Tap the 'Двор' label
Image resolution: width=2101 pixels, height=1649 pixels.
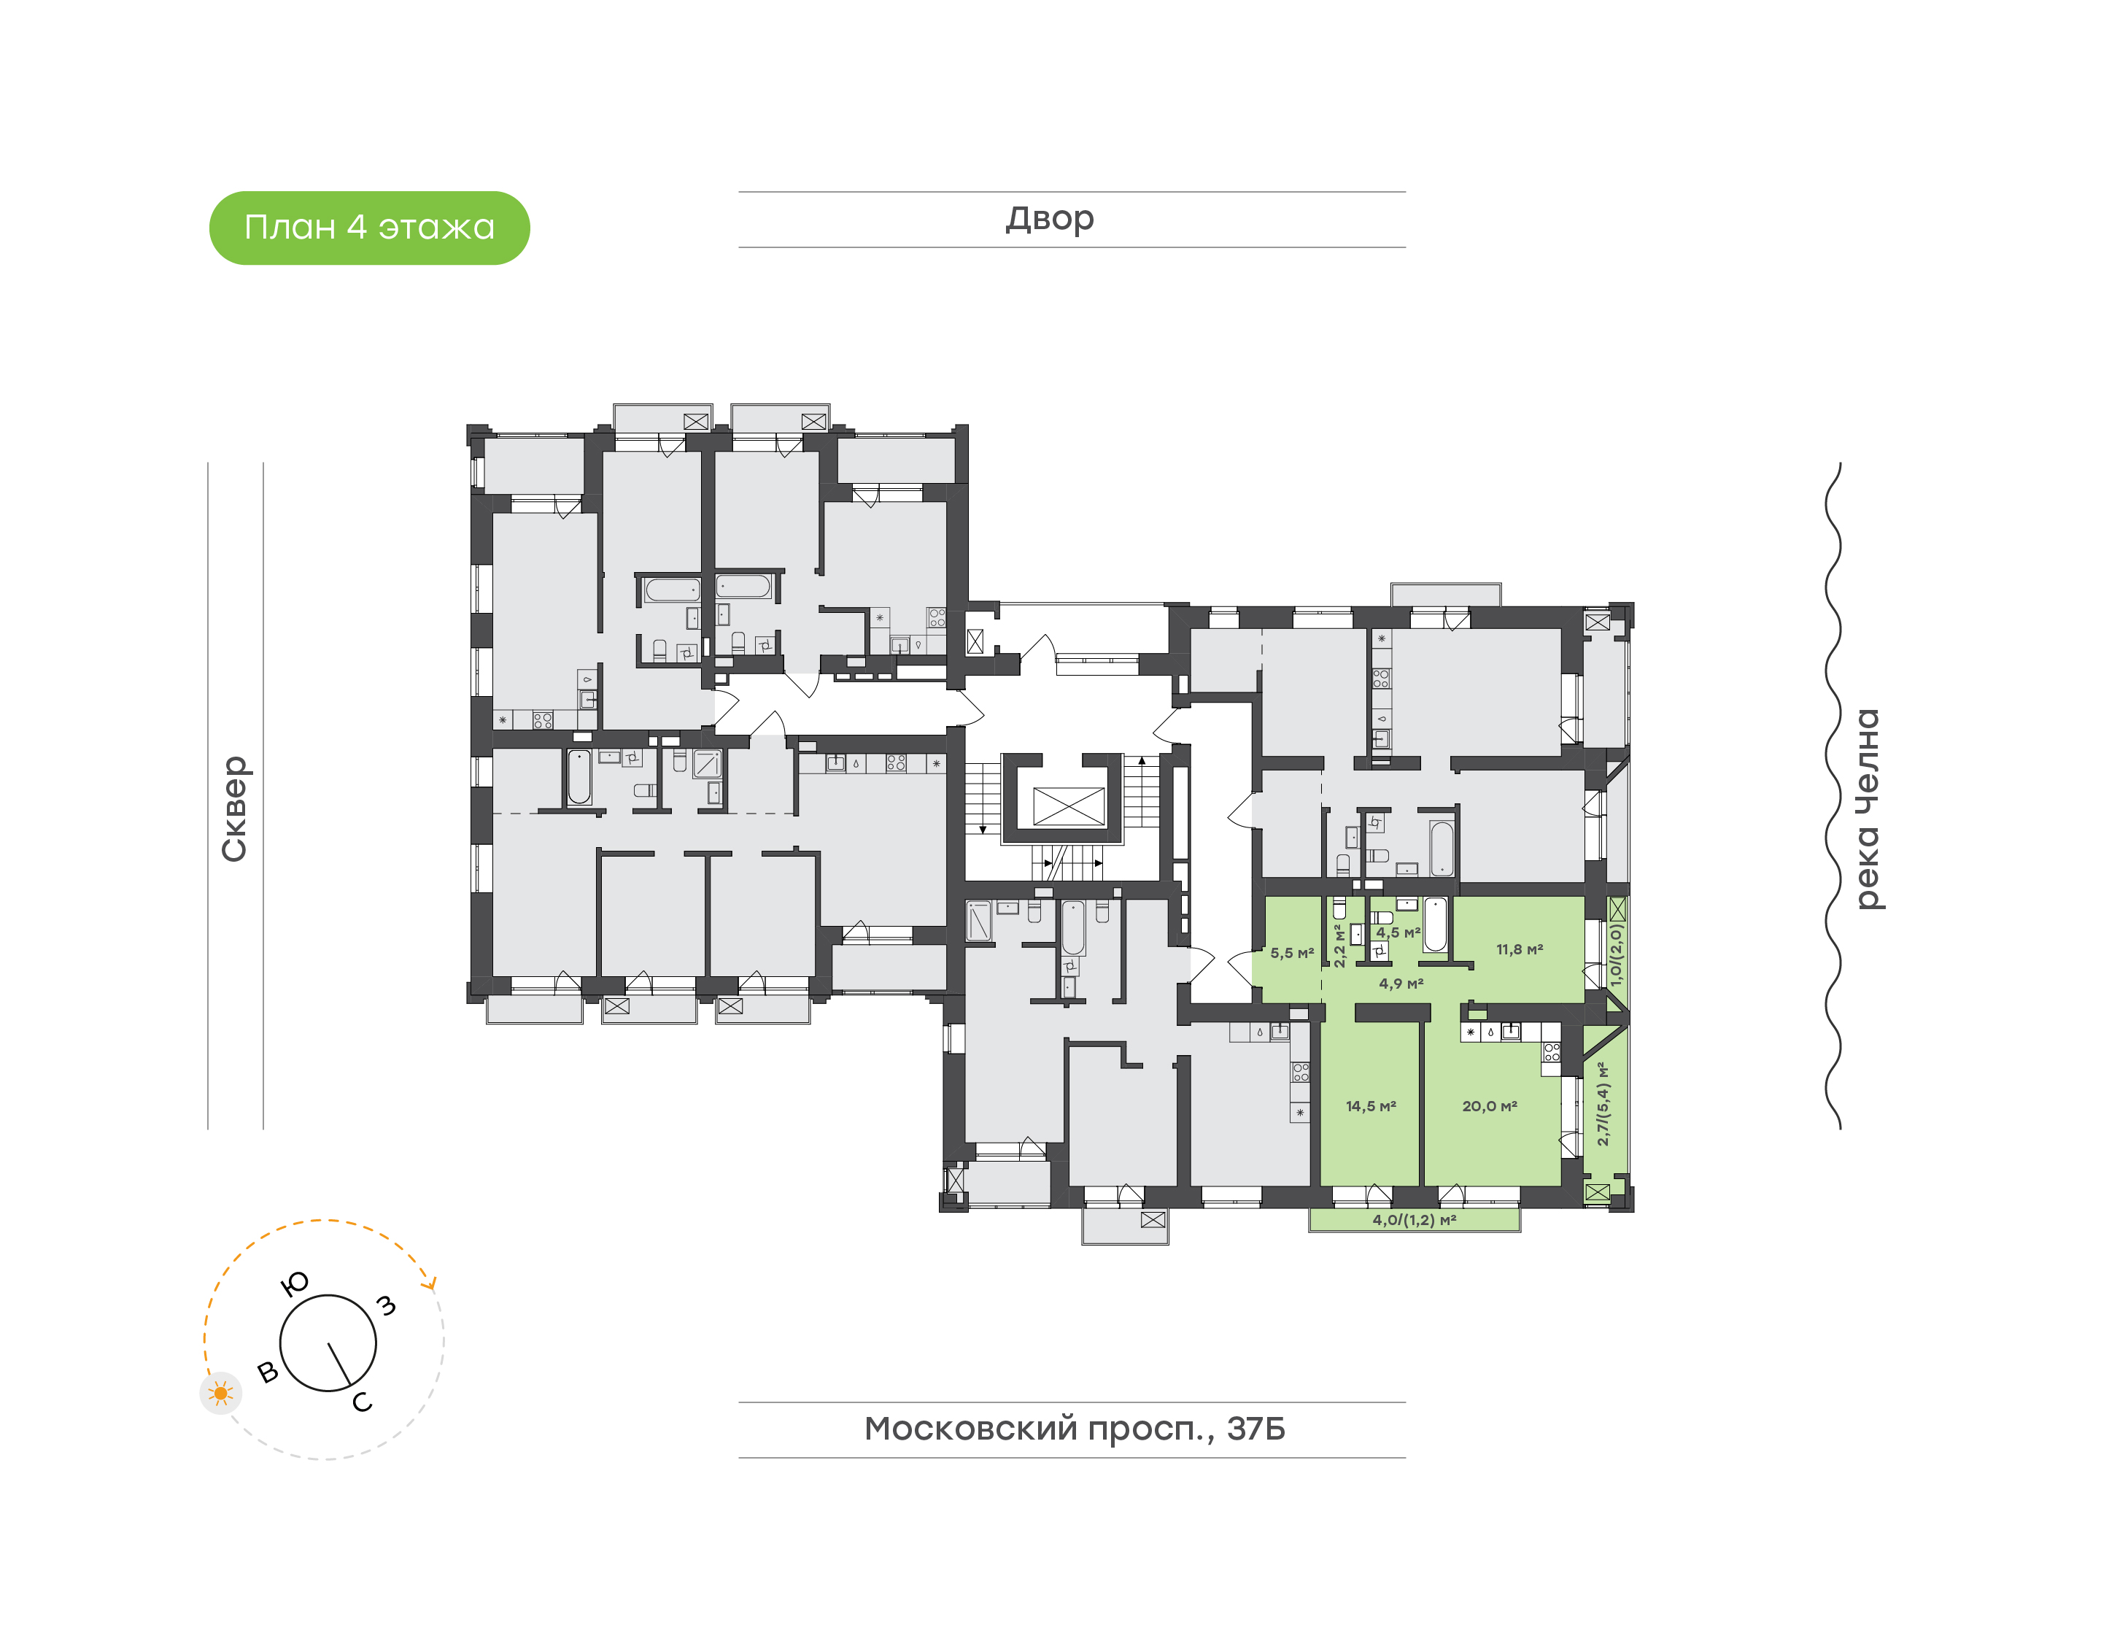click(1049, 219)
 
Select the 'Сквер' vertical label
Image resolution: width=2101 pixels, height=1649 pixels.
click(234, 808)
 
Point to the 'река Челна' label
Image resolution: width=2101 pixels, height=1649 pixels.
click(1868, 808)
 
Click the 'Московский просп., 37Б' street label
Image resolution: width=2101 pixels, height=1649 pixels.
click(1074, 1428)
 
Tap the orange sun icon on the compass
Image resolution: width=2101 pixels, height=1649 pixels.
click(221, 1393)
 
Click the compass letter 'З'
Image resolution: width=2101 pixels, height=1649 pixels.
click(386, 1305)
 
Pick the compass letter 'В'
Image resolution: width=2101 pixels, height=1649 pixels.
click(268, 1371)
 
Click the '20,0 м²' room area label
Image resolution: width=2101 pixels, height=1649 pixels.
click(1489, 1106)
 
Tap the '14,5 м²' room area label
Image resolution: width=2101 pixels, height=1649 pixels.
click(1371, 1106)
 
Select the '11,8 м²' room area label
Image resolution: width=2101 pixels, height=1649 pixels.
click(1519, 950)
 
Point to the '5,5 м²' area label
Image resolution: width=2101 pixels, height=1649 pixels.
click(1291, 953)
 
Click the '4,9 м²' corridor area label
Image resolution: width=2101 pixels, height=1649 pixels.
click(1401, 984)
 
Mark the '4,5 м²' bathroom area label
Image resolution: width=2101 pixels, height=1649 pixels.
click(1398, 932)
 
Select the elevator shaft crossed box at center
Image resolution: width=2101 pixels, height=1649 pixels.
click(1068, 806)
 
